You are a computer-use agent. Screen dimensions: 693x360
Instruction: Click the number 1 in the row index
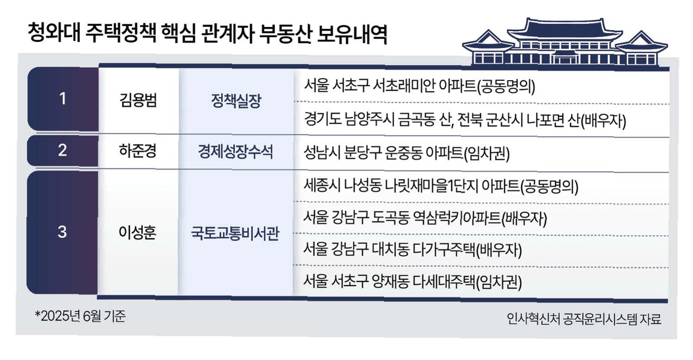pos(63,99)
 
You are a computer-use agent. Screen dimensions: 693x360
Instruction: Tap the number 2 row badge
pos(62,151)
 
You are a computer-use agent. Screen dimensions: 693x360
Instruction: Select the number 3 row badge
pos(62,232)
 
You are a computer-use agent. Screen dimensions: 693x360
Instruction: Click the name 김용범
pos(138,100)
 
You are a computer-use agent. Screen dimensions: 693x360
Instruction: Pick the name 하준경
pos(138,151)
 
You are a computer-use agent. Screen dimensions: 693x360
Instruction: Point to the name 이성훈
pos(137,232)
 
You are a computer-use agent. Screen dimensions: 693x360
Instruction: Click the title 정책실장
pos(236,101)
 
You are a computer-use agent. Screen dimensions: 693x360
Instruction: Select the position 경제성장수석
pos(235,152)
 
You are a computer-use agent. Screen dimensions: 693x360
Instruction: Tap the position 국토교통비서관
pos(235,233)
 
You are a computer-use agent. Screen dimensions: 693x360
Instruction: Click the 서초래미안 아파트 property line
pos(419,86)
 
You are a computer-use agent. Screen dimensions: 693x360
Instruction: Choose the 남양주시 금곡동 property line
pos(465,121)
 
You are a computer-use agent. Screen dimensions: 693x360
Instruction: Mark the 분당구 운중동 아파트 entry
pos(407,153)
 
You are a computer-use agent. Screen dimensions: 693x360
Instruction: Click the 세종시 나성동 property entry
pos(441,186)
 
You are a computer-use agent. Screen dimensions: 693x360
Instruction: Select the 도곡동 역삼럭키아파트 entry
pos(425,218)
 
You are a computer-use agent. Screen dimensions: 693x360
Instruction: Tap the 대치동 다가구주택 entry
pos(412,250)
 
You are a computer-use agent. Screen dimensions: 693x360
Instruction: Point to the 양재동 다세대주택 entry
pos(412,281)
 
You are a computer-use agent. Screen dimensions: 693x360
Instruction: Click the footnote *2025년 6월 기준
pos(80,316)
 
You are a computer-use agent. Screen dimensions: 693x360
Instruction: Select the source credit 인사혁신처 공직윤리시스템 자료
pos(584,319)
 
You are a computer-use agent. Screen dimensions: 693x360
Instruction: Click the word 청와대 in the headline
pos(54,32)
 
